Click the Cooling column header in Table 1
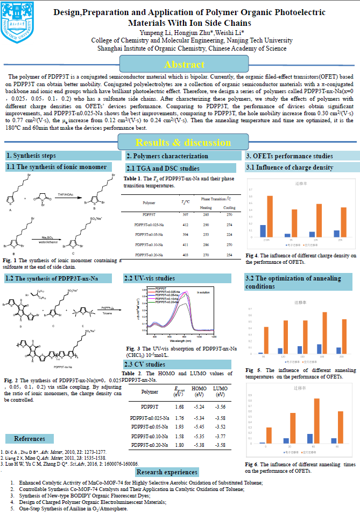[229, 207]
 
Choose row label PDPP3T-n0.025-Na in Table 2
[150, 417]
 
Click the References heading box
[30, 439]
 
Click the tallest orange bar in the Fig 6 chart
[317, 420]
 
